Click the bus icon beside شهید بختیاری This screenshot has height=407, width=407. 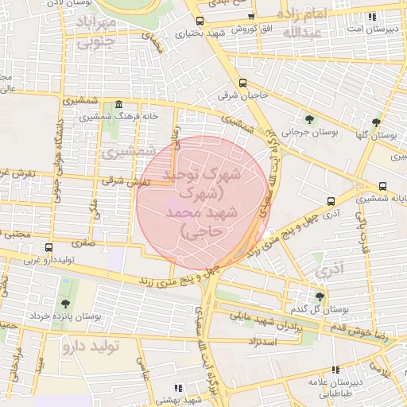tap(199, 21)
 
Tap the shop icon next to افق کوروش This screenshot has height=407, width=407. tap(251, 16)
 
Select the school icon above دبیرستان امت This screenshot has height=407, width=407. tap(371, 16)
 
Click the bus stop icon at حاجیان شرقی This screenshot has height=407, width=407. tap(242, 82)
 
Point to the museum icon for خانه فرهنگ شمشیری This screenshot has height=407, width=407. tap(119, 104)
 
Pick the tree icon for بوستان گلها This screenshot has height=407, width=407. tap(376, 122)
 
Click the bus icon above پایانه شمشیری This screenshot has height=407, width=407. tap(383, 185)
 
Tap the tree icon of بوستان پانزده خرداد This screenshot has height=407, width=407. tap(63, 303)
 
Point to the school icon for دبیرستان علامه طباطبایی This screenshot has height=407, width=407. tap(335, 370)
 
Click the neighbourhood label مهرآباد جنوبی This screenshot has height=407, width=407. tap(96, 33)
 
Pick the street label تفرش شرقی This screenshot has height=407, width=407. tap(120, 182)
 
